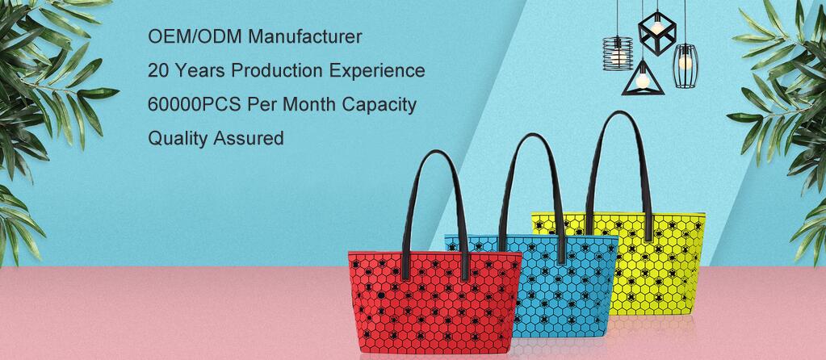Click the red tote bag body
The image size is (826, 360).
point(434,302)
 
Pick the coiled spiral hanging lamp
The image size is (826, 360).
point(618,53)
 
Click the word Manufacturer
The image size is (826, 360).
point(305,36)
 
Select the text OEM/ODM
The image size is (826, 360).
point(195,37)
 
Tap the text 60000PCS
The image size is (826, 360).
point(195,105)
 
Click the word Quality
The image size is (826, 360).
point(178,139)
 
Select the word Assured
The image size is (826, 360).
point(248,138)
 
